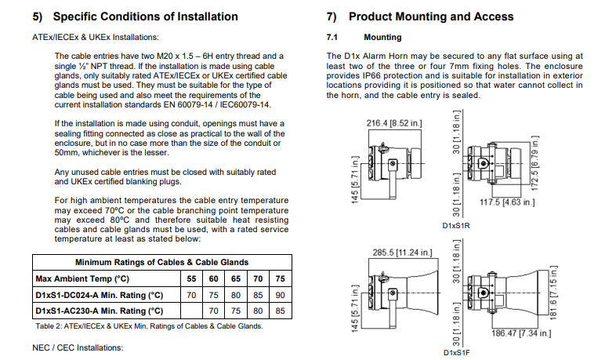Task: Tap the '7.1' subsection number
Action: click(332, 37)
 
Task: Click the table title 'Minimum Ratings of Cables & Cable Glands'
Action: click(161, 262)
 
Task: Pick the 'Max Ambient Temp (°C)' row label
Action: click(82, 278)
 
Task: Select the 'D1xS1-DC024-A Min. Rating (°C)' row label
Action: click(99, 295)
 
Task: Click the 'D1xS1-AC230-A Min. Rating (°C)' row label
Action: click(99, 311)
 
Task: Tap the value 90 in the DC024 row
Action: click(281, 295)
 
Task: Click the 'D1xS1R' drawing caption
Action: click(456, 226)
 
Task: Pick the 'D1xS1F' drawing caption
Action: click(456, 353)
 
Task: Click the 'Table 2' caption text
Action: click(148, 325)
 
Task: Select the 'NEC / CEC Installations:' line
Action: click(78, 347)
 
